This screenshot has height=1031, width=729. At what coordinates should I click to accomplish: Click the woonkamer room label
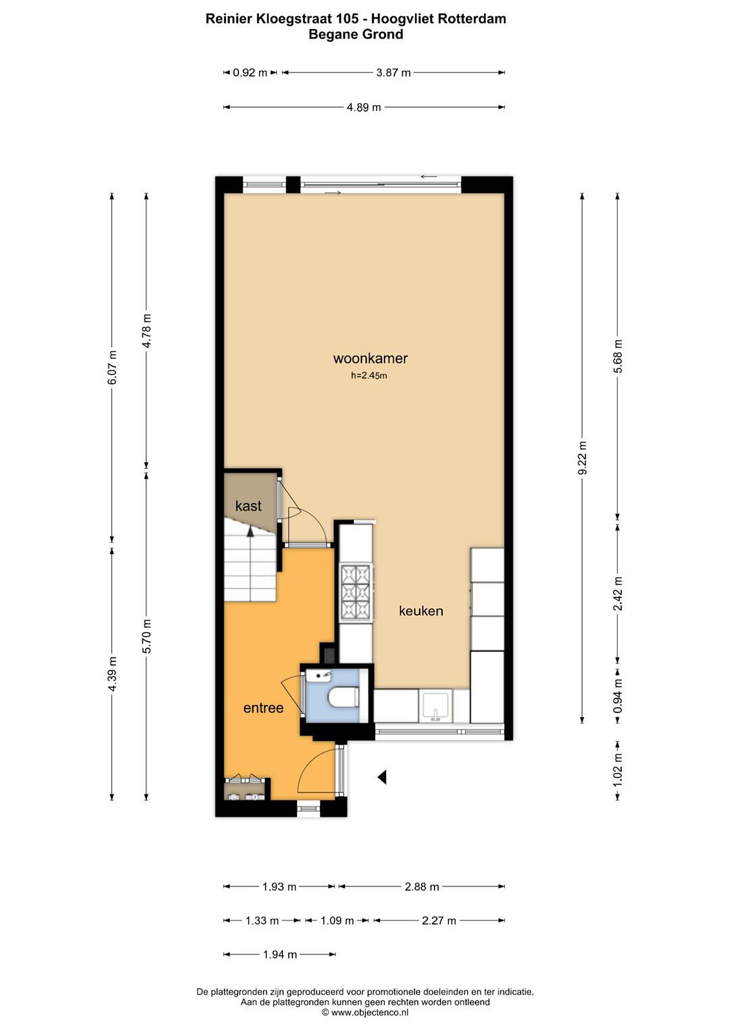pyautogui.click(x=370, y=358)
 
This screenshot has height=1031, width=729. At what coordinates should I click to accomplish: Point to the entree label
pyautogui.click(x=263, y=708)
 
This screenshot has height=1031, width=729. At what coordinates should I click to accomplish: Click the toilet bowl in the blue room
pyautogui.click(x=344, y=697)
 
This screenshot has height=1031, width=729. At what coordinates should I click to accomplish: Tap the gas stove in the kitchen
pyautogui.click(x=356, y=593)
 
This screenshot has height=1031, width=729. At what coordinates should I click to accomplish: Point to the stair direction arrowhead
pyautogui.click(x=250, y=532)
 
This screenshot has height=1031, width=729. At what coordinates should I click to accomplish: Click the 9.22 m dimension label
pyautogui.click(x=582, y=458)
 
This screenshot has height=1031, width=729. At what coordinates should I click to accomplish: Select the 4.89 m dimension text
pyautogui.click(x=364, y=107)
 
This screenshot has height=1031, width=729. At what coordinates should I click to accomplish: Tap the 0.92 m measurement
pyautogui.click(x=250, y=73)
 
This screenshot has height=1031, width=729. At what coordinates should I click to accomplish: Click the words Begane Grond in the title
pyautogui.click(x=356, y=35)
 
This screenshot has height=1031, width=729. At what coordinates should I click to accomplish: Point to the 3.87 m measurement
pyautogui.click(x=394, y=73)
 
